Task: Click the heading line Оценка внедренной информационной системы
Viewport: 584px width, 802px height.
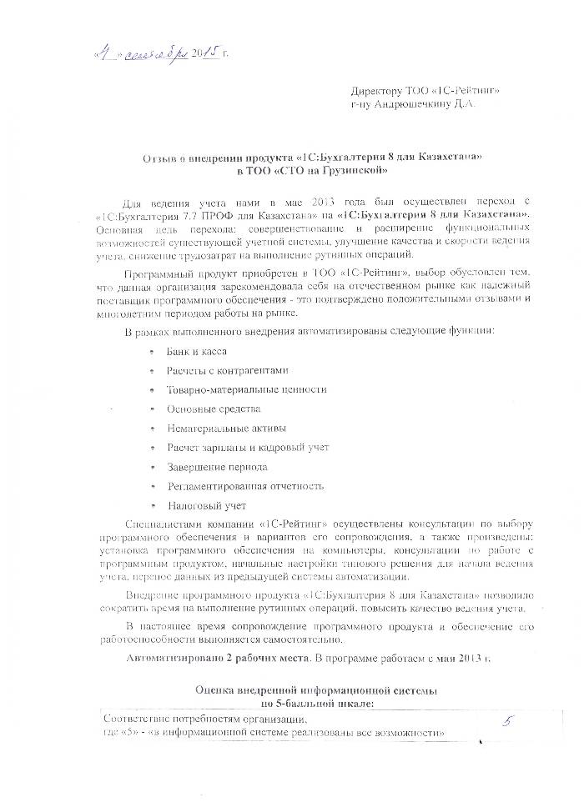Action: pyautogui.click(x=315, y=691)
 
